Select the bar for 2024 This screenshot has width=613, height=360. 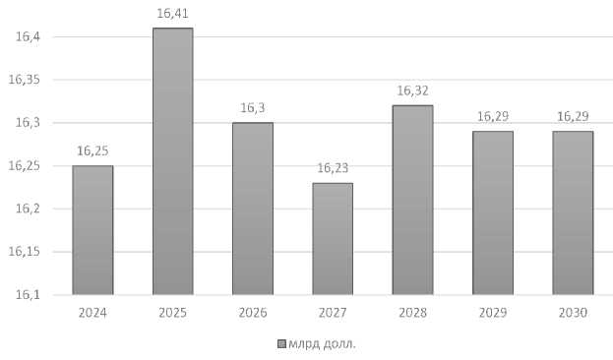(92, 230)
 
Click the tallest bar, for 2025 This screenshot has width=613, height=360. (173, 161)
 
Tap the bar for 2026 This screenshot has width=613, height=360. (253, 209)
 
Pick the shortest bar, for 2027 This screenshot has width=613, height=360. (333, 238)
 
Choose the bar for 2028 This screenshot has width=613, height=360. (413, 200)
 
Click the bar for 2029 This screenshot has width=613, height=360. (493, 212)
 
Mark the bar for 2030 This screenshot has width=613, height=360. (573, 212)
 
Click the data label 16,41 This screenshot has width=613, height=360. (172, 14)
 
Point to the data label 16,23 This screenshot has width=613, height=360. (333, 168)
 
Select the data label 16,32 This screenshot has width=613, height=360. (413, 91)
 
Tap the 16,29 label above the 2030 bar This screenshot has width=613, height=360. (573, 116)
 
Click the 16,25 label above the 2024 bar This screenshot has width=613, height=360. (92, 150)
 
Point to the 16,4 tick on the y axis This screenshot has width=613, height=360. (28, 37)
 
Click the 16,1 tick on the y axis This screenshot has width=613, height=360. (28, 295)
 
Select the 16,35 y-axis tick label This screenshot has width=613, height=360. (25, 80)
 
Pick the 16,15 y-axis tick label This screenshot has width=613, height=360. (25, 252)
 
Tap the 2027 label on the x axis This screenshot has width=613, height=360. (333, 313)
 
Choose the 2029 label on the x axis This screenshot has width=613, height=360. (493, 313)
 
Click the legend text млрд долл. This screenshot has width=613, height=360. (323, 344)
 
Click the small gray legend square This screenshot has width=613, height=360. (281, 344)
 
